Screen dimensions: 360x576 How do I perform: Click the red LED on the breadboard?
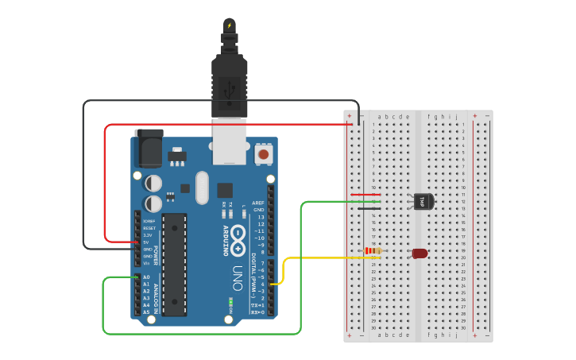pos(419,254)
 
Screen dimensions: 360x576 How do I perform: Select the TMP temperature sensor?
pos(422,202)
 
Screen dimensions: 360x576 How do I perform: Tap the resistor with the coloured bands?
pos(372,252)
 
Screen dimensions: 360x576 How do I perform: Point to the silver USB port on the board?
pos(229,142)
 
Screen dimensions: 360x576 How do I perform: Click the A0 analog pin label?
pos(145,277)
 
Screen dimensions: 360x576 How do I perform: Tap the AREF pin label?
pos(258,203)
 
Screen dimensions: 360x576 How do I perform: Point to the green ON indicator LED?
pos(230,301)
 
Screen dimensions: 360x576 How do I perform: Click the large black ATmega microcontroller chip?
pos(175,264)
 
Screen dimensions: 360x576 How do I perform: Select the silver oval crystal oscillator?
pos(202,188)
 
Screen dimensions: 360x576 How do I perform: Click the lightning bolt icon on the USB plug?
pos(230,25)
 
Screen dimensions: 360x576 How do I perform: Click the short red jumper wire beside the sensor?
pos(365,195)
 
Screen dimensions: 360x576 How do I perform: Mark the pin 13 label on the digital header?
pos(259,217)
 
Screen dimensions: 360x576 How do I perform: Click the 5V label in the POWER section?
pos(146,242)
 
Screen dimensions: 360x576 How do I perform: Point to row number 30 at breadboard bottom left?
pos(373,327)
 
